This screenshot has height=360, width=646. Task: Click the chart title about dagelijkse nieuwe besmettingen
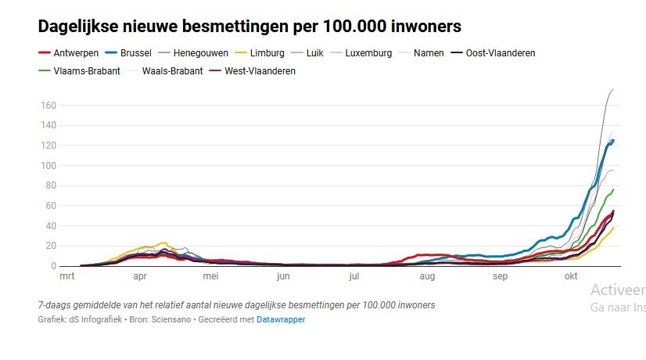[x=249, y=26]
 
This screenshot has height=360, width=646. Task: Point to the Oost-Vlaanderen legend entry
[x=500, y=53]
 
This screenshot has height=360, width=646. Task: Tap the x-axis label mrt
[x=68, y=276]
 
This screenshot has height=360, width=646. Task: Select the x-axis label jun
[x=283, y=276]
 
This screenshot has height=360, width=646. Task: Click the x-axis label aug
[x=427, y=276]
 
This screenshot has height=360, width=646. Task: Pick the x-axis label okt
[x=572, y=276]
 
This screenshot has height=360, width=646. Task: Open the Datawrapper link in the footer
[x=281, y=319]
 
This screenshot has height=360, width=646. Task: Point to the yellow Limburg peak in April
[x=163, y=243]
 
